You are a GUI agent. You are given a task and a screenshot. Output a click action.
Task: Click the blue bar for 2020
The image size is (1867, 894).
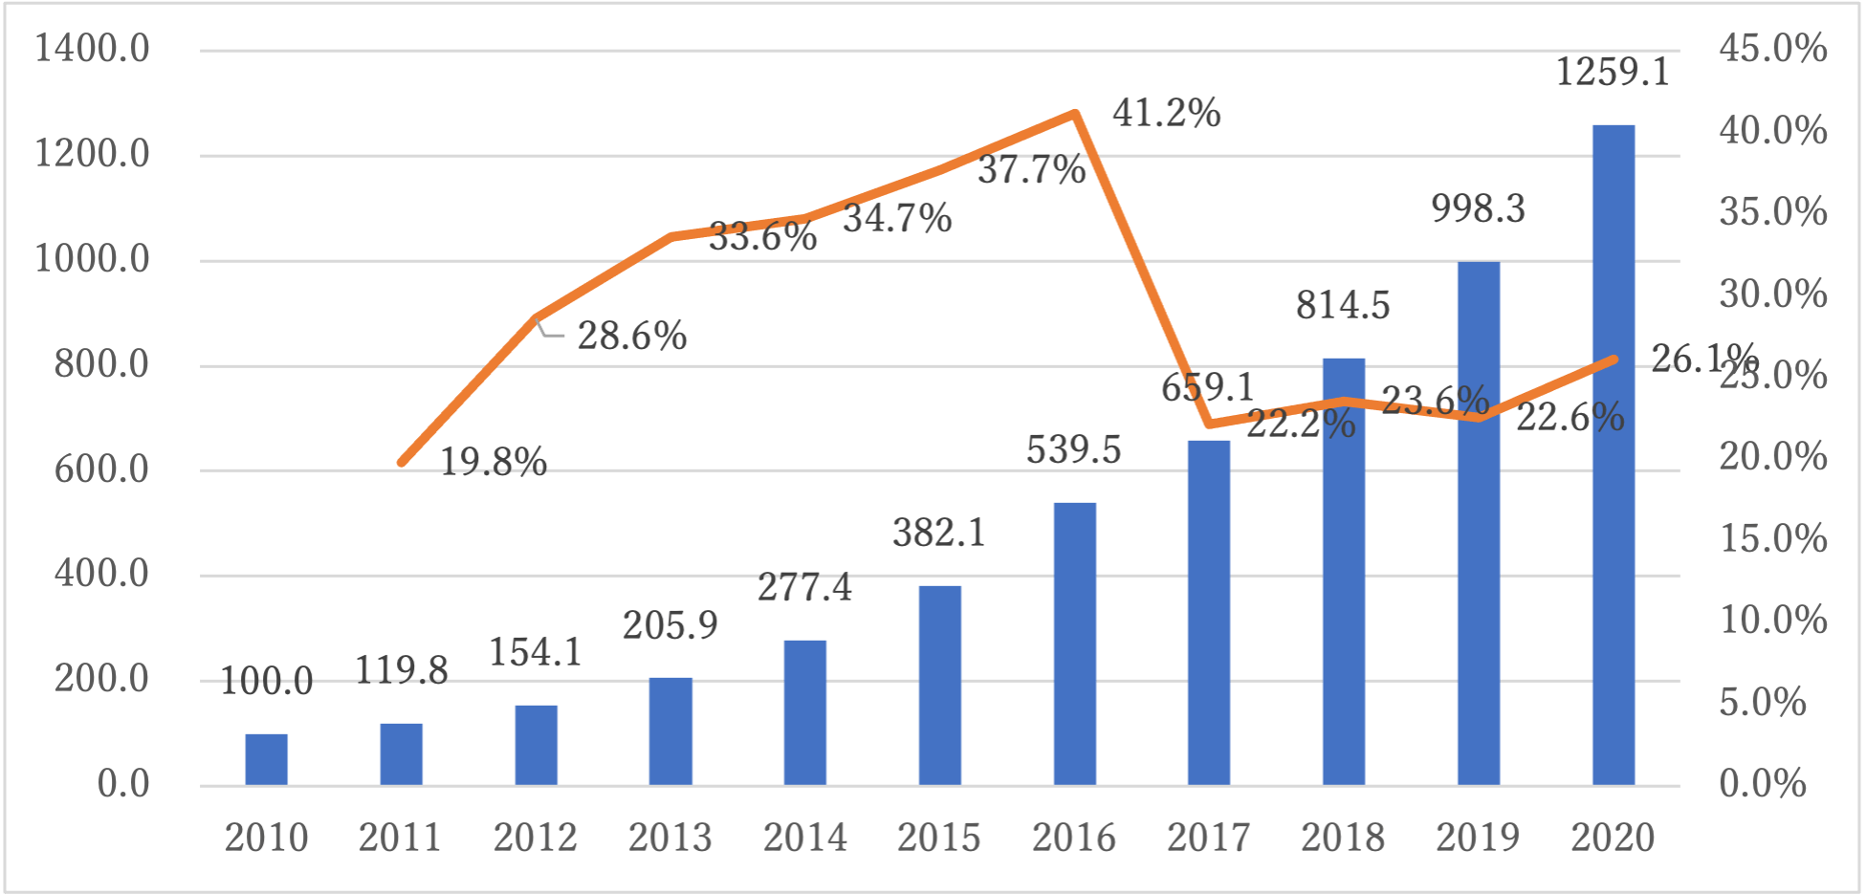pyautogui.click(x=1613, y=455)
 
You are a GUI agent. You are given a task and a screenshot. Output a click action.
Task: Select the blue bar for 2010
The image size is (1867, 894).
pyautogui.click(x=266, y=760)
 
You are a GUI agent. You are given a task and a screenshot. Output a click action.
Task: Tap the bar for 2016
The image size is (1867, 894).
pyautogui.click(x=1074, y=644)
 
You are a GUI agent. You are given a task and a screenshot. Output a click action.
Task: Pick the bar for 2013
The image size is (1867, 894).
pyautogui.click(x=670, y=731)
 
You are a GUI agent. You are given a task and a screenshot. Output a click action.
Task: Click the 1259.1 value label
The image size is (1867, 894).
pyautogui.click(x=1613, y=72)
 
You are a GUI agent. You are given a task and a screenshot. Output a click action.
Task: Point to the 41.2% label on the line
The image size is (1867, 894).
pyautogui.click(x=1166, y=114)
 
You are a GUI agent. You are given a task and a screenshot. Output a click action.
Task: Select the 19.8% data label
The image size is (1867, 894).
pyautogui.click(x=493, y=463)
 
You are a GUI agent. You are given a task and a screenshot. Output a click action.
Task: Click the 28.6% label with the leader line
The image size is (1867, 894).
pyautogui.click(x=632, y=337)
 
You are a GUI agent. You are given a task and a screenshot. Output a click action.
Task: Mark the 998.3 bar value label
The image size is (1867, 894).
pyautogui.click(x=1478, y=208)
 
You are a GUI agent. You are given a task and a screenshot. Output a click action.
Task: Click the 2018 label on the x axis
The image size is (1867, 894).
pyautogui.click(x=1343, y=839)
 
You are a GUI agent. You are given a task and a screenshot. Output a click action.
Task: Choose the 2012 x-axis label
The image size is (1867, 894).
pyautogui.click(x=535, y=839)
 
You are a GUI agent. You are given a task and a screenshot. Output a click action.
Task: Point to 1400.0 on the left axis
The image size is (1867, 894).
pyautogui.click(x=93, y=49)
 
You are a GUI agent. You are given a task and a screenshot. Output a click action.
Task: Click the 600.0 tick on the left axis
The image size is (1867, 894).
pyautogui.click(x=101, y=469)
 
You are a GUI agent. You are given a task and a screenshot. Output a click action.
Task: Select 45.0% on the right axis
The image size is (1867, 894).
pyautogui.click(x=1772, y=49)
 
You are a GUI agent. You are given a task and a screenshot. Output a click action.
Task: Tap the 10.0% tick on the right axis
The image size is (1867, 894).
pyautogui.click(x=1772, y=621)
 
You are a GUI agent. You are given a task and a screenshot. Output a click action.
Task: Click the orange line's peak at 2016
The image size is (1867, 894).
pyautogui.click(x=1075, y=114)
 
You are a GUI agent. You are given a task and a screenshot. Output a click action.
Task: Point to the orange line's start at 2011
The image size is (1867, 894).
pyautogui.click(x=402, y=463)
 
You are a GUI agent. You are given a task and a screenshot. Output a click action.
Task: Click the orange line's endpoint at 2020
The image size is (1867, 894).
pyautogui.click(x=1614, y=360)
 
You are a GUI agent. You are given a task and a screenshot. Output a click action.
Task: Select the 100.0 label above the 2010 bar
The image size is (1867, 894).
pyautogui.click(x=266, y=682)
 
